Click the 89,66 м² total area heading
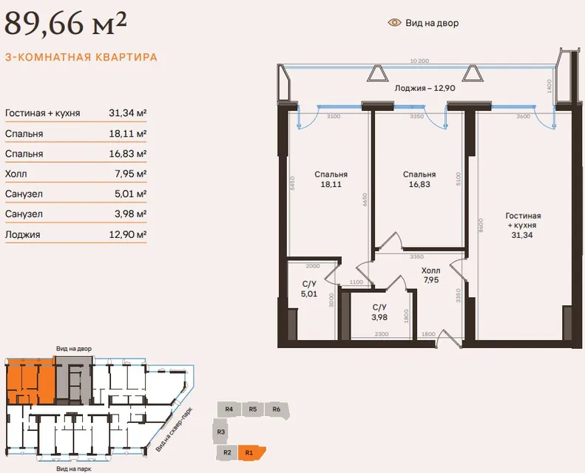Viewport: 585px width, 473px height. coord(65,24)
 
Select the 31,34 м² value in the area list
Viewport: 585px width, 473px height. coord(128,113)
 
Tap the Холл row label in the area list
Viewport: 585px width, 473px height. coord(16,174)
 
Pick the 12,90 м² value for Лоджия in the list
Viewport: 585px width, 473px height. coord(128,234)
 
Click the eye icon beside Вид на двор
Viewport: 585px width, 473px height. coord(394,23)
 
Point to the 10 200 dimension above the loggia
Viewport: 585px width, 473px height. coord(420,61)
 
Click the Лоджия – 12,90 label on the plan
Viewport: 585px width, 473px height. coord(425,89)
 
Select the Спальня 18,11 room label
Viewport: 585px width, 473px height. coord(331,180)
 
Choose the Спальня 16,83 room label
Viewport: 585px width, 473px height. coord(419,180)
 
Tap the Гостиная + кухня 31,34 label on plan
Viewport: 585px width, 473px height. coord(523,225)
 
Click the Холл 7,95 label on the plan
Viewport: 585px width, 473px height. coord(431,275)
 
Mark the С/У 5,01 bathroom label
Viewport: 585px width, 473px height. coord(309,289)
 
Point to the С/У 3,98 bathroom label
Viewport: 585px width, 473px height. coord(379,313)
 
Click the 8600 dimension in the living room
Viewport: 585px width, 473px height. coord(481,225)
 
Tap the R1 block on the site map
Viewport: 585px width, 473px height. coord(251,453)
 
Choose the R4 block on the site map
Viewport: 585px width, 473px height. coord(229,409)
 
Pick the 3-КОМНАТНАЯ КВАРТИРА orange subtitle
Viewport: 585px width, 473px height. coord(81,58)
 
